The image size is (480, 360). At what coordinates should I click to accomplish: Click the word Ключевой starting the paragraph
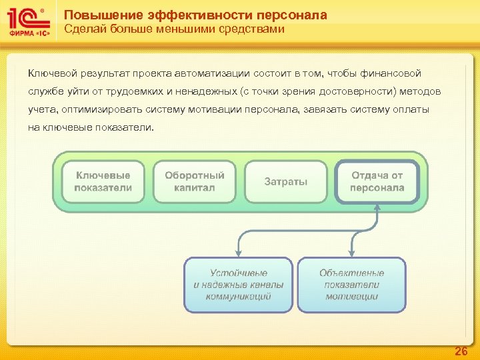click(x=52, y=72)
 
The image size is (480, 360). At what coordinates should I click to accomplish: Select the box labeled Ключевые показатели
click(x=103, y=181)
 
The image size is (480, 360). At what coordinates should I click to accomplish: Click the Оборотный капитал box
click(x=195, y=181)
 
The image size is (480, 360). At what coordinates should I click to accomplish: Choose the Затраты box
click(x=286, y=181)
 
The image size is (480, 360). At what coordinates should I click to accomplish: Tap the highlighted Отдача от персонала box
click(x=377, y=181)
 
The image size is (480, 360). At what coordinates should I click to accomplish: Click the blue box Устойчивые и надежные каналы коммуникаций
click(x=239, y=285)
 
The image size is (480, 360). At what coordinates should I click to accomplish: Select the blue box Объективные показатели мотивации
click(x=351, y=285)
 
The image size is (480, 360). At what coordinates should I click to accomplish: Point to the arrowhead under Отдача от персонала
click(x=377, y=209)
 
